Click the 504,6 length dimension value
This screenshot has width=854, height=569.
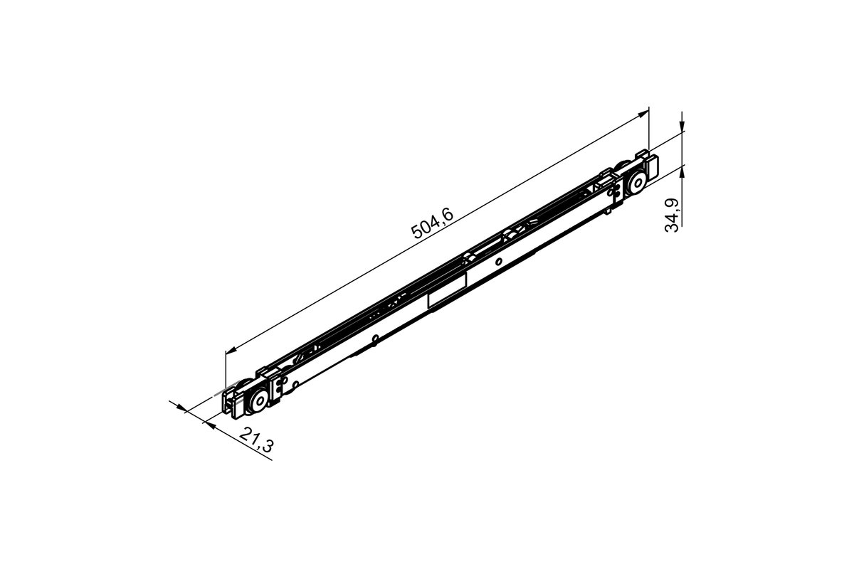(x=433, y=223)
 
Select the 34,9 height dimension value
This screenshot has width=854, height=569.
(x=672, y=215)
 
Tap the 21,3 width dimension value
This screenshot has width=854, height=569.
(x=256, y=440)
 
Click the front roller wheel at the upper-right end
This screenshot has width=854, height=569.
(x=633, y=184)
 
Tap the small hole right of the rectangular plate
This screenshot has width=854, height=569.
(x=499, y=262)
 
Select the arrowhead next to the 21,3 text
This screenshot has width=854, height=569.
(x=209, y=424)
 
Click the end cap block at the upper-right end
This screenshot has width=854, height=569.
(x=650, y=169)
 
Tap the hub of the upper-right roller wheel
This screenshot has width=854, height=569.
(x=633, y=184)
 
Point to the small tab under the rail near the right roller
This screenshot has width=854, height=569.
(x=608, y=211)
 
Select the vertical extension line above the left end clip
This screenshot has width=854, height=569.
(x=225, y=370)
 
